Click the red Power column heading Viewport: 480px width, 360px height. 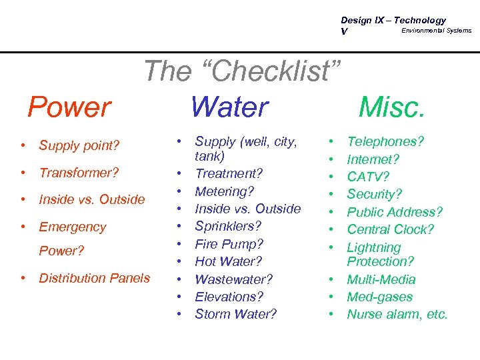coord(69,107)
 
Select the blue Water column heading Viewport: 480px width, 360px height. coord(229,107)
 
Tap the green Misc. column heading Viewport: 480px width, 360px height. coord(391,107)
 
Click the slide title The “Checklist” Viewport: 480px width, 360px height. coord(242,71)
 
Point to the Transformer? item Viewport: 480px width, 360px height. coord(79,173)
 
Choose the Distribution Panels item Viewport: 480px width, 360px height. coord(95,278)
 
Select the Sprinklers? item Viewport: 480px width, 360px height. coord(228,226)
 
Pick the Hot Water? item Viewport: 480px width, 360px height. coord(228,261)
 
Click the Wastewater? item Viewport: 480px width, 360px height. coord(234,279)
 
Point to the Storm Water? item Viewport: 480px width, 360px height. coord(235,314)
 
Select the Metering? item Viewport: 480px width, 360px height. coord(225,191)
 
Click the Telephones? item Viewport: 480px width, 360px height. coord(386,141)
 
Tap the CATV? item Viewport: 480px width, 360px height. coord(368,177)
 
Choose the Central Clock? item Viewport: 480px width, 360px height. coord(391,229)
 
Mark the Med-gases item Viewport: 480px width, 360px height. coord(379,297)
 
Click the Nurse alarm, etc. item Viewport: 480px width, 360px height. coord(397,314)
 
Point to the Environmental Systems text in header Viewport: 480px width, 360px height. coord(436,30)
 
